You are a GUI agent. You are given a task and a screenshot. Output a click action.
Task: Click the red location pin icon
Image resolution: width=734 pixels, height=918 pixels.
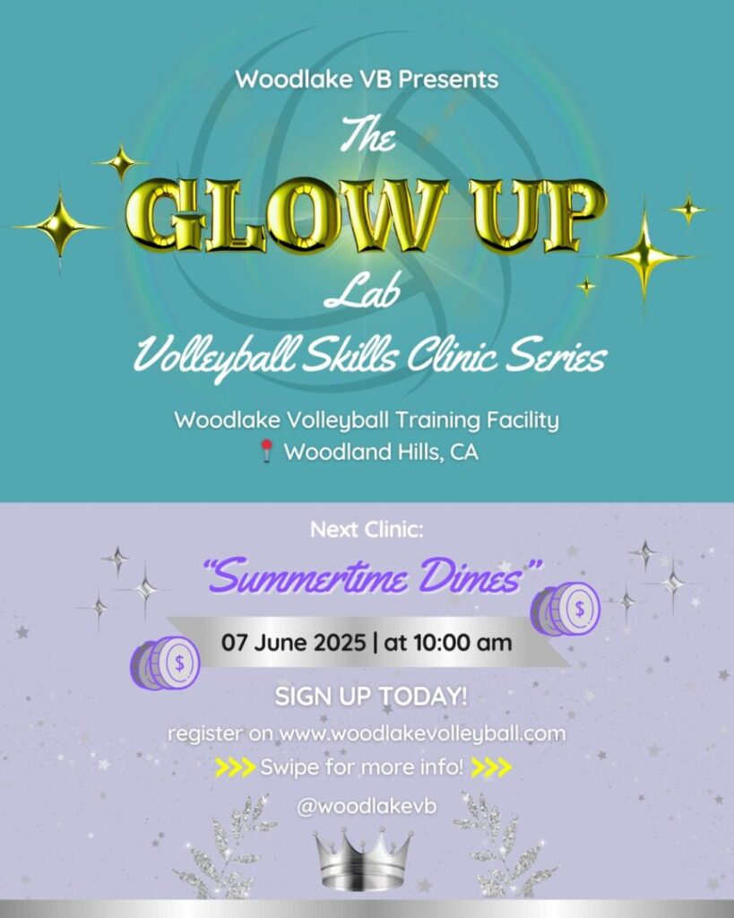pos(266,452)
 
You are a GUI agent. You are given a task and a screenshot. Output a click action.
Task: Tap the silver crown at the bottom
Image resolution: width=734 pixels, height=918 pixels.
pos(363,860)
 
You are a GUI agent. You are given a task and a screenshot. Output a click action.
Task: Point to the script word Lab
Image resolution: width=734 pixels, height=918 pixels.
pos(362,292)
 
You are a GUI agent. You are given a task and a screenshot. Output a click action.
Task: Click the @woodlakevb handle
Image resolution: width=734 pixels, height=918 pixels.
pos(367,807)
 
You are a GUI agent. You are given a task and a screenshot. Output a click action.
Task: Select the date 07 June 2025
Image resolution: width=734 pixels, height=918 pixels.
pos(293,642)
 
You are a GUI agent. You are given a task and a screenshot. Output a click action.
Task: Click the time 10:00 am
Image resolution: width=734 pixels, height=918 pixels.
pos(462,642)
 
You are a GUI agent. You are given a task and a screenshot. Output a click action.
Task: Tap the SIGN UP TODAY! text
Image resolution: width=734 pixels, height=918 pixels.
pos(371,697)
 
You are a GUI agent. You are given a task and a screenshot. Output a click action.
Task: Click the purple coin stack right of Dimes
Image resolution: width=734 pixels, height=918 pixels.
pos(566,610)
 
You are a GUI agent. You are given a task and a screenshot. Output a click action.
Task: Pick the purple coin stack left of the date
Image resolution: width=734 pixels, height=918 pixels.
pos(165,663)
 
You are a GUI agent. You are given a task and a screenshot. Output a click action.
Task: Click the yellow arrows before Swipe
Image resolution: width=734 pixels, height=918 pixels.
pos(236,767)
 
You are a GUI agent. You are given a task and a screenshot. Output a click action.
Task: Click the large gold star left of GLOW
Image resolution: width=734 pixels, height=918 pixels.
pos(59,225)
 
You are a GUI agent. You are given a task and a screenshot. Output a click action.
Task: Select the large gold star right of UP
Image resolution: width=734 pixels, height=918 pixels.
pos(644,255)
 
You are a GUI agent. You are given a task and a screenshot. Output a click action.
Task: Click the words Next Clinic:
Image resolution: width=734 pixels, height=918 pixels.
pos(367,530)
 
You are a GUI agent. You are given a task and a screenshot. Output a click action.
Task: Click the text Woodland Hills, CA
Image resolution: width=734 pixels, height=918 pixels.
pos(381,452)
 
